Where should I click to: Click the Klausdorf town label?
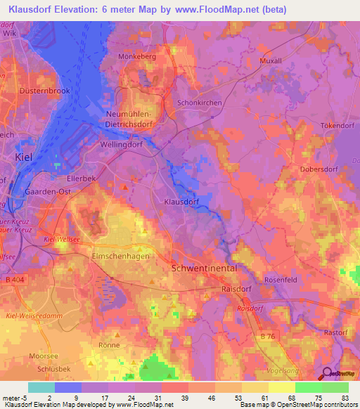click(x=181, y=201)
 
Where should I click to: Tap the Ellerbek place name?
click(x=82, y=178)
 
